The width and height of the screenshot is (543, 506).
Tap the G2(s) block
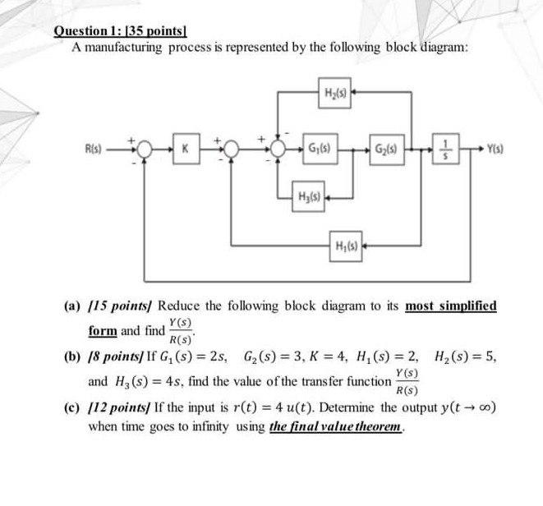point(384,149)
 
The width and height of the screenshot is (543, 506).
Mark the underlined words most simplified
point(451,306)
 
